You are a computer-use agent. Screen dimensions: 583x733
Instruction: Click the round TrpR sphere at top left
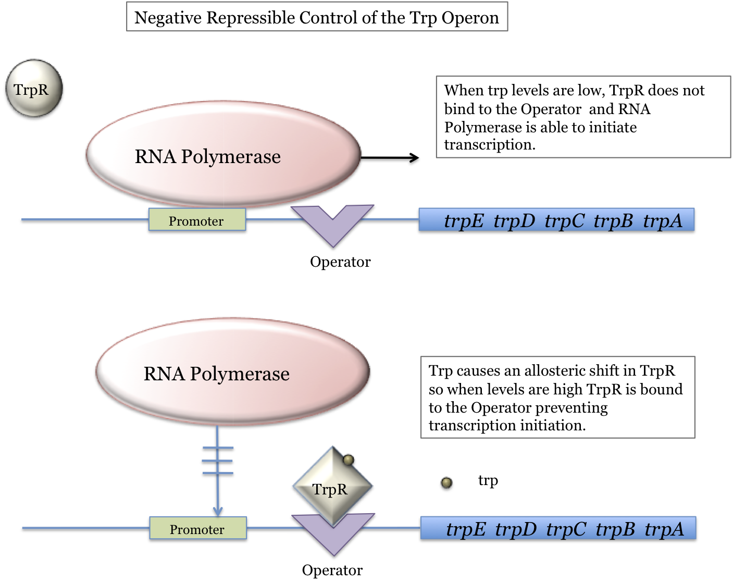tap(34, 88)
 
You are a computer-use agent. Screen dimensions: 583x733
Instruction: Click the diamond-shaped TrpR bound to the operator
tap(332, 485)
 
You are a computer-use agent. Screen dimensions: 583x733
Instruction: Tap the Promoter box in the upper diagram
tap(197, 220)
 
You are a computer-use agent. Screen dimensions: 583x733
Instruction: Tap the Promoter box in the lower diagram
tap(198, 528)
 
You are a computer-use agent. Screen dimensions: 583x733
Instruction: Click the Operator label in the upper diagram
tap(340, 262)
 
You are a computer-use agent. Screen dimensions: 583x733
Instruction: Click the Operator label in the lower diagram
tap(332, 570)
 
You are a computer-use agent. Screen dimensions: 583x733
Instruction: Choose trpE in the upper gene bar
tap(464, 221)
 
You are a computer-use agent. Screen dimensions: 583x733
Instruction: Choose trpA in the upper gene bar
tap(662, 221)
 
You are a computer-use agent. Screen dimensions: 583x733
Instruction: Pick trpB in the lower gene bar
tap(615, 529)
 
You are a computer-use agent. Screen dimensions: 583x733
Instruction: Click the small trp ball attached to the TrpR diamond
tap(349, 460)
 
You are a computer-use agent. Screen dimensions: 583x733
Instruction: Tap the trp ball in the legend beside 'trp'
tap(446, 483)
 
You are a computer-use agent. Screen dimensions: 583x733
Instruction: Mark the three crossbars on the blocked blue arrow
tap(217, 461)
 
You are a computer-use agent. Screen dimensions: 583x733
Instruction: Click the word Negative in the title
tap(168, 18)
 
